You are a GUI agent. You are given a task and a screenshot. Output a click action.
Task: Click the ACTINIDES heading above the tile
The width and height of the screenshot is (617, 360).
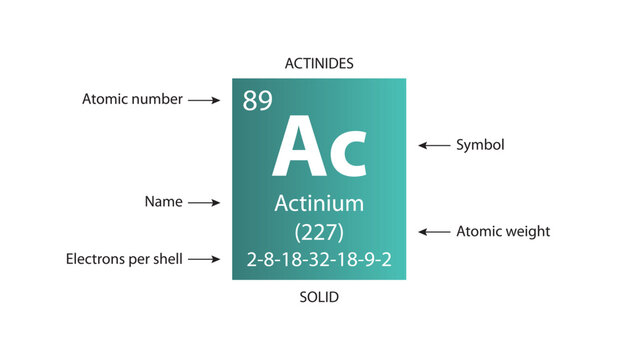click(319, 63)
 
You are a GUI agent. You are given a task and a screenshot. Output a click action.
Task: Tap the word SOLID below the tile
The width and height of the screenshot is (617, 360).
click(319, 298)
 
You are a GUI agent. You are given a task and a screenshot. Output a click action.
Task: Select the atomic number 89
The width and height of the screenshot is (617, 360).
click(257, 101)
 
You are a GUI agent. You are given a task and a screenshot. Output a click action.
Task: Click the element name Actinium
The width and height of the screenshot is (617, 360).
click(319, 204)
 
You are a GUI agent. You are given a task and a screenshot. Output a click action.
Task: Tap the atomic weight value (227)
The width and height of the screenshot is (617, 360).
click(319, 232)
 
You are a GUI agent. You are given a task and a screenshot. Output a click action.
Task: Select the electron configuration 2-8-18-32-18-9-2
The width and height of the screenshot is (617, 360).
click(319, 260)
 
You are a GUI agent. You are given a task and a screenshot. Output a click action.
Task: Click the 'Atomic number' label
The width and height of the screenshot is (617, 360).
click(132, 100)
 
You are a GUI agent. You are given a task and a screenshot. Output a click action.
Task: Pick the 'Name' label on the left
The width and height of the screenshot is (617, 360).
click(163, 202)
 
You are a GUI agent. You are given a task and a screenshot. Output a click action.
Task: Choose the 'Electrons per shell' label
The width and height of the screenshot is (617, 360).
click(124, 259)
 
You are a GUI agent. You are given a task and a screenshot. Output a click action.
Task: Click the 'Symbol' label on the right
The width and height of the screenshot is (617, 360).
click(480, 145)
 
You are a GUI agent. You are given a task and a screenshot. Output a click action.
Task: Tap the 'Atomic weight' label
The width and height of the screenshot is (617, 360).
click(503, 232)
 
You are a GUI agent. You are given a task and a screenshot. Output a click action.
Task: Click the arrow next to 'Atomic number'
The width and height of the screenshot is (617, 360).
click(203, 100)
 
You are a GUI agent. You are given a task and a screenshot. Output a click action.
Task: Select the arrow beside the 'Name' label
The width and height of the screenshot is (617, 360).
click(203, 202)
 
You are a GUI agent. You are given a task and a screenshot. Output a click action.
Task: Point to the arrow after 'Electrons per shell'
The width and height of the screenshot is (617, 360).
click(203, 259)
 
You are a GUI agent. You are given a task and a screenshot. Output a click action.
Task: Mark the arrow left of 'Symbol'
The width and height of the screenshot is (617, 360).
click(434, 145)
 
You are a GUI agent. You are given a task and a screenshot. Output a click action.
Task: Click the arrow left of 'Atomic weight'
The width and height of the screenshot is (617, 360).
click(434, 232)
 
